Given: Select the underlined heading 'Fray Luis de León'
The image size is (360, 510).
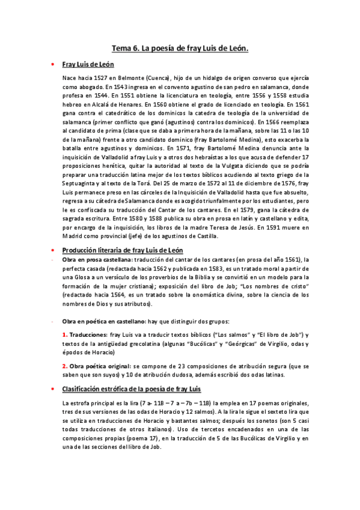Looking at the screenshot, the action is [x=88, y=64].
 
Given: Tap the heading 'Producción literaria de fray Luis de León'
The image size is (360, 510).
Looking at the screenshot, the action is [x=123, y=250].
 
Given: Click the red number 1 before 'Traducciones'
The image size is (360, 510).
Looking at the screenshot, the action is [x=65, y=334].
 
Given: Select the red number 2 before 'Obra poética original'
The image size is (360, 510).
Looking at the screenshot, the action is [x=65, y=365].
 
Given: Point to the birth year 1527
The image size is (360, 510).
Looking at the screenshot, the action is [x=106, y=78].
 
